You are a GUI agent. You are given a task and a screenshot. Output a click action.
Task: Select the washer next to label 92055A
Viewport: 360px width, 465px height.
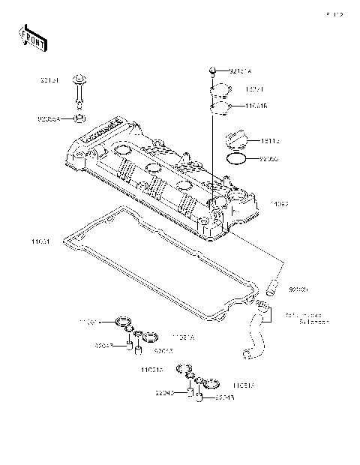(79, 118)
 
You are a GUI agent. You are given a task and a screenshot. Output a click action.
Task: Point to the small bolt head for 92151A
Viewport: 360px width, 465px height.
(213, 70)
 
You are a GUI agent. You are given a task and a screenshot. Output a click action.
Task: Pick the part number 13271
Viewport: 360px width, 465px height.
(234, 89)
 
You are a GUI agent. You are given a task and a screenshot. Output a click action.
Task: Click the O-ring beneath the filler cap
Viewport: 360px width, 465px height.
(235, 160)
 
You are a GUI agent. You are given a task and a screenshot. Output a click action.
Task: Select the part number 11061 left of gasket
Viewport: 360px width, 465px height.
(42, 241)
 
